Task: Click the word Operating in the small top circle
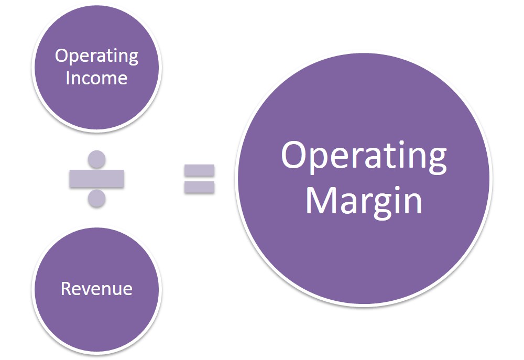(96, 56)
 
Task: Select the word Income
(96, 78)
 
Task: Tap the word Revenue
(96, 288)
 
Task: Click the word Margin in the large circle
(364, 201)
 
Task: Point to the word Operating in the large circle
(364, 156)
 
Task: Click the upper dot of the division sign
(96, 158)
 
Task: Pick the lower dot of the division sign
(96, 198)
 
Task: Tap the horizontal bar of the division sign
(96, 179)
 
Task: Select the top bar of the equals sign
(199, 170)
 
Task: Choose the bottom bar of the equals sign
(199, 187)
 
